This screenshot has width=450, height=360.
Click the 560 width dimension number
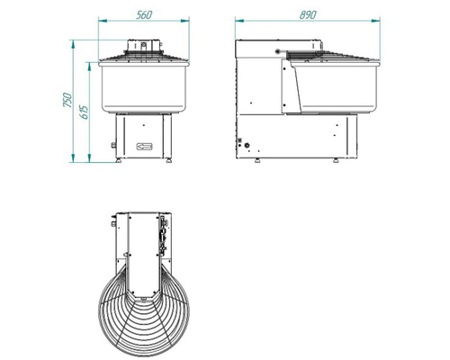[x=144, y=14]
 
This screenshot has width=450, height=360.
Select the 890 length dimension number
[x=308, y=14]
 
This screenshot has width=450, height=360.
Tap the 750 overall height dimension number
[x=67, y=100]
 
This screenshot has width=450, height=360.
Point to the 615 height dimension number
[x=85, y=112]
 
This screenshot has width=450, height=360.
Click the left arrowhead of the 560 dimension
[x=103, y=21]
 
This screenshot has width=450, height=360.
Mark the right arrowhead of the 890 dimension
[x=376, y=21]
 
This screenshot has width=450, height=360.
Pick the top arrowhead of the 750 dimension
[x=73, y=44]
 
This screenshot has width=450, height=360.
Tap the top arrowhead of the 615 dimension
[x=89, y=67]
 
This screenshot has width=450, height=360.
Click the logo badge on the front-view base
[x=145, y=147]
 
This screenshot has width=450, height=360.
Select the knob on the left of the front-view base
[x=113, y=145]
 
